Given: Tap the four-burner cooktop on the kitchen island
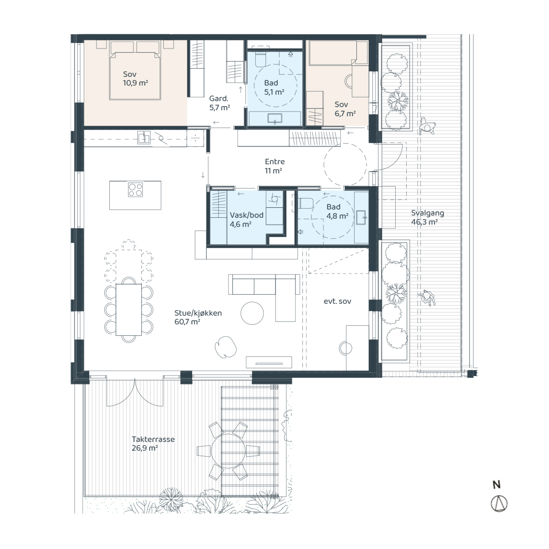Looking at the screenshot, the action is click(x=135, y=190).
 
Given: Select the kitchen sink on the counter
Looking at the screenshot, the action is click(x=144, y=137).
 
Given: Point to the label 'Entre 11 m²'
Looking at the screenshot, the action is click(x=274, y=166).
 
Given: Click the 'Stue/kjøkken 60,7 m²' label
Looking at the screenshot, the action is click(x=198, y=318).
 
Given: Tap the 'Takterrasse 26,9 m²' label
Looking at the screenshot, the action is click(x=153, y=444).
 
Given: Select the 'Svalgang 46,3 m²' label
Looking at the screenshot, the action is click(x=427, y=217).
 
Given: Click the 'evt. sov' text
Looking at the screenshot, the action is click(x=337, y=301).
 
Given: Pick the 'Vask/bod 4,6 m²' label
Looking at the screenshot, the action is click(x=247, y=220).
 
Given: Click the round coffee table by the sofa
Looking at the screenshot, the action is click(x=252, y=313).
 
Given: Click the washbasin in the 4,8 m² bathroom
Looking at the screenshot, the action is click(x=361, y=218).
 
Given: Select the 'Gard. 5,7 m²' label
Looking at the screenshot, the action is click(x=220, y=103).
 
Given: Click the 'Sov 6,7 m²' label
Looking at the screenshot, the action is click(x=345, y=109).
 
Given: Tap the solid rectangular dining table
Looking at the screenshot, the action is click(x=129, y=310).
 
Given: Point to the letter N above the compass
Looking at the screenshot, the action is click(x=497, y=484).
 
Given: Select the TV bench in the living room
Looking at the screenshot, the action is click(x=269, y=362).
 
